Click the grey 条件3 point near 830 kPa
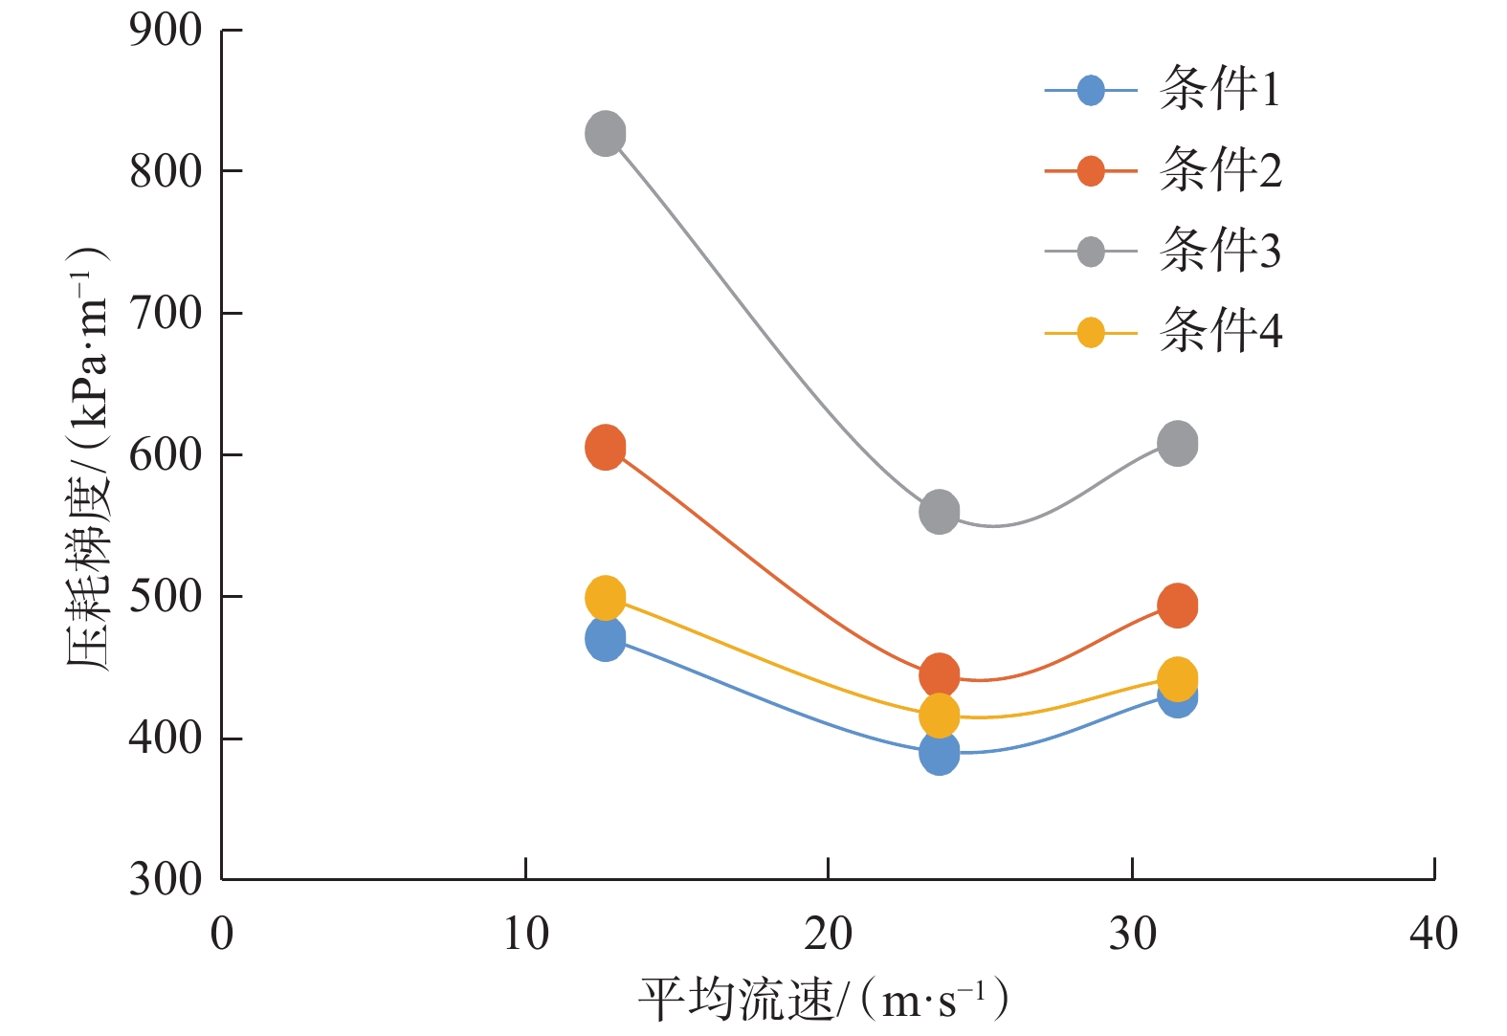(605, 133)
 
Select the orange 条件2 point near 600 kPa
(605, 447)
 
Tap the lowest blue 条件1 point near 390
(939, 754)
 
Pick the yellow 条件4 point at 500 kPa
(605, 599)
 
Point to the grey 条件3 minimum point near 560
(939, 512)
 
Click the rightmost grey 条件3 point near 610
(1177, 443)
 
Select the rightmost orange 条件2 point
(1177, 606)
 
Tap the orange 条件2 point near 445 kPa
(939, 675)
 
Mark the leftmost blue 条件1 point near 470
(605, 639)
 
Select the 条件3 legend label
(1219, 252)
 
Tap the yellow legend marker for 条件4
(1091, 333)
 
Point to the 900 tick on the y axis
(166, 31)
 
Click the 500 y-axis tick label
(166, 597)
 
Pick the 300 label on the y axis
(166, 879)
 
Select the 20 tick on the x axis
(828, 934)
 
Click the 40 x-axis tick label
(1433, 934)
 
